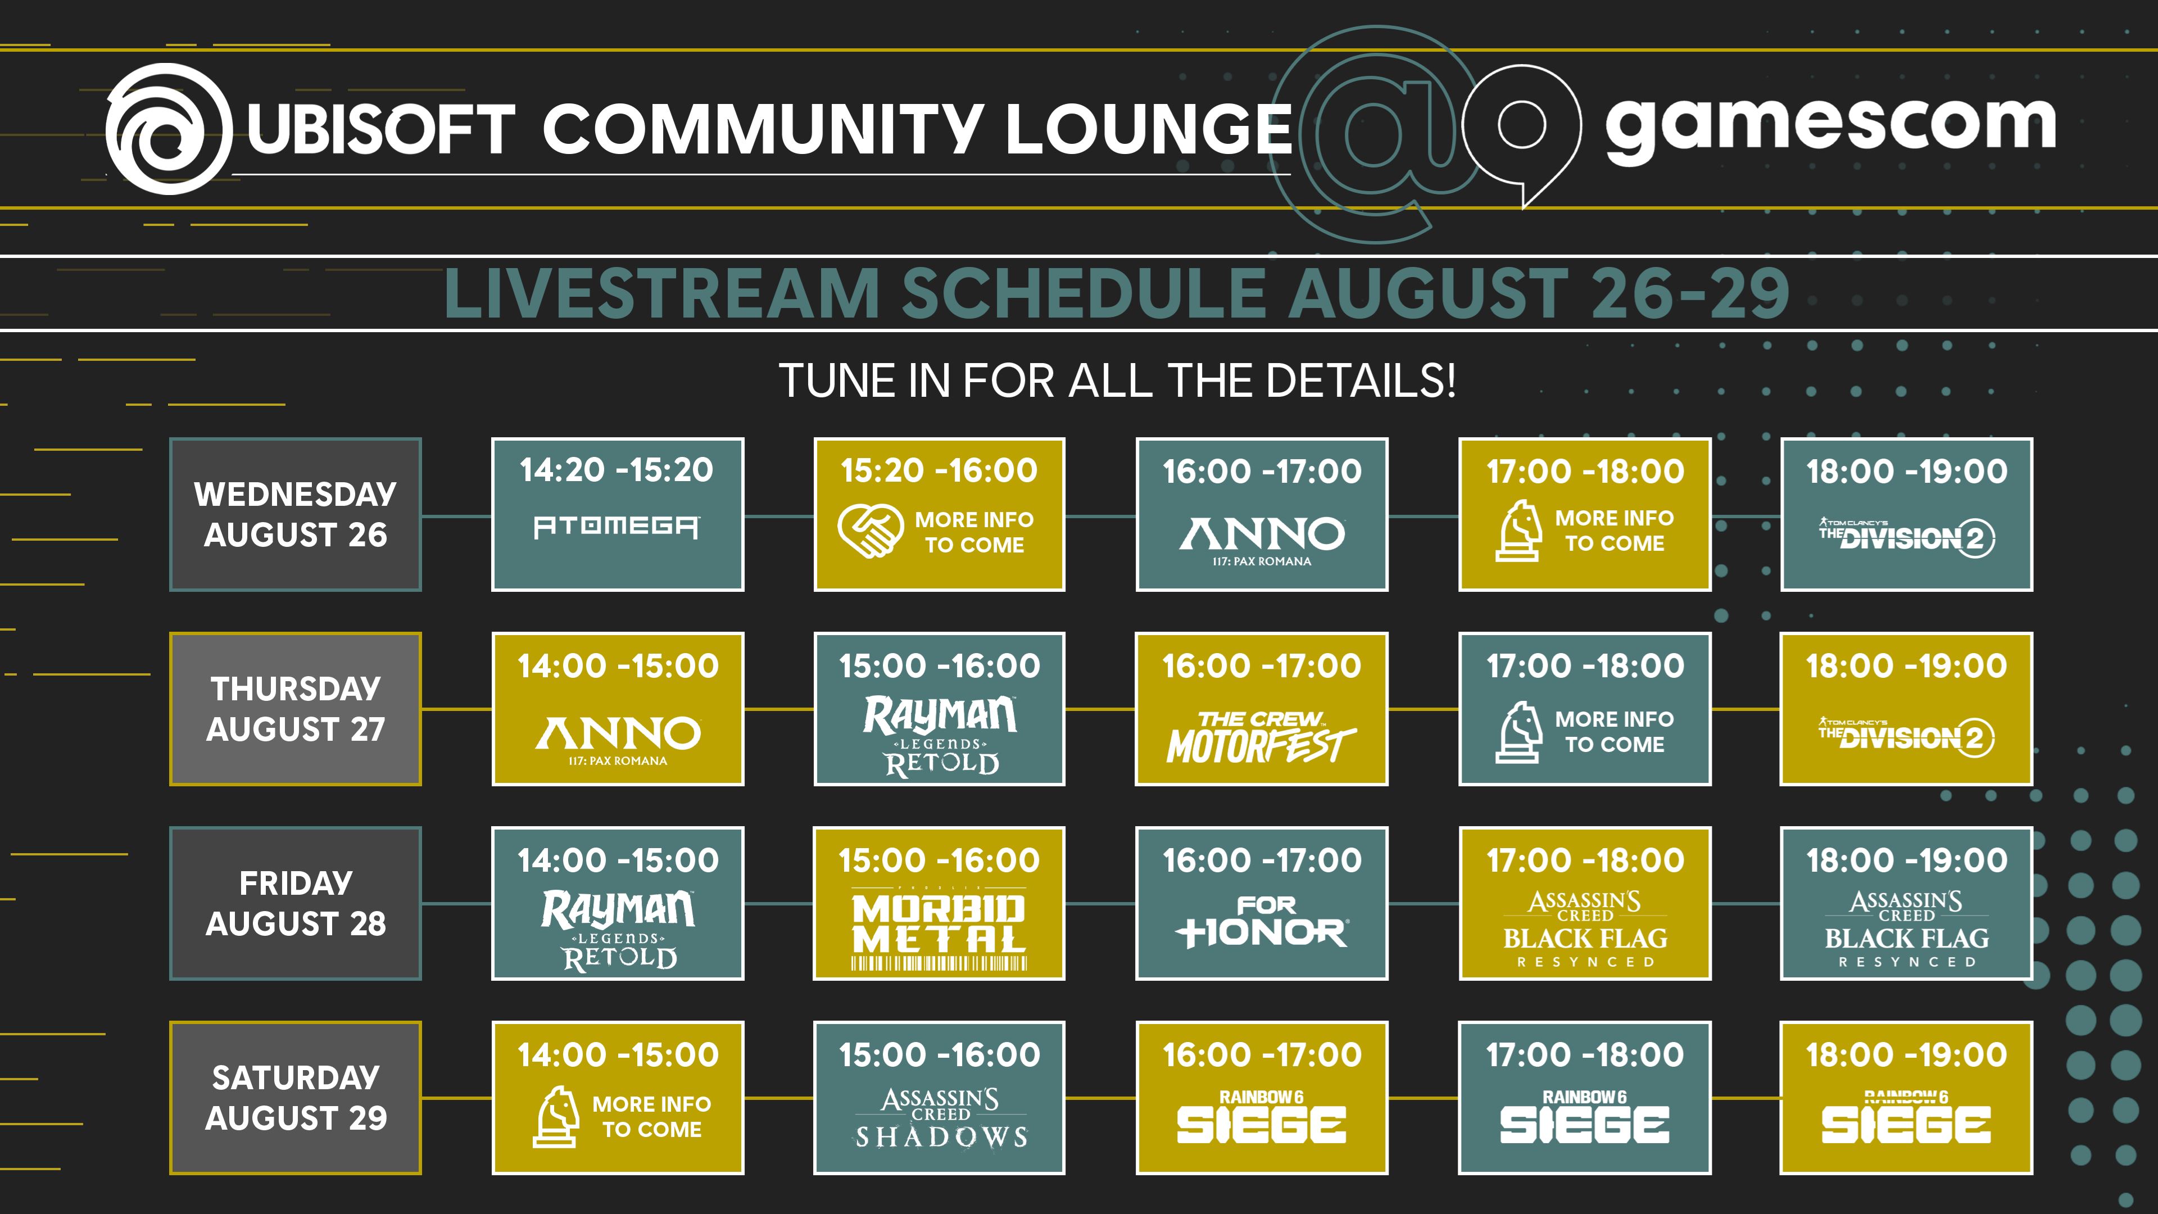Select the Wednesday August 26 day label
[296, 514]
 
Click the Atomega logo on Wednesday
[618, 526]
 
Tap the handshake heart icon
[871, 531]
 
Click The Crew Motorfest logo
[1262, 737]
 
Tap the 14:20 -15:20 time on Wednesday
[616, 470]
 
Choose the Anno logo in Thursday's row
[618, 740]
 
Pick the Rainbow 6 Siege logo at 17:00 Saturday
[1584, 1117]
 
